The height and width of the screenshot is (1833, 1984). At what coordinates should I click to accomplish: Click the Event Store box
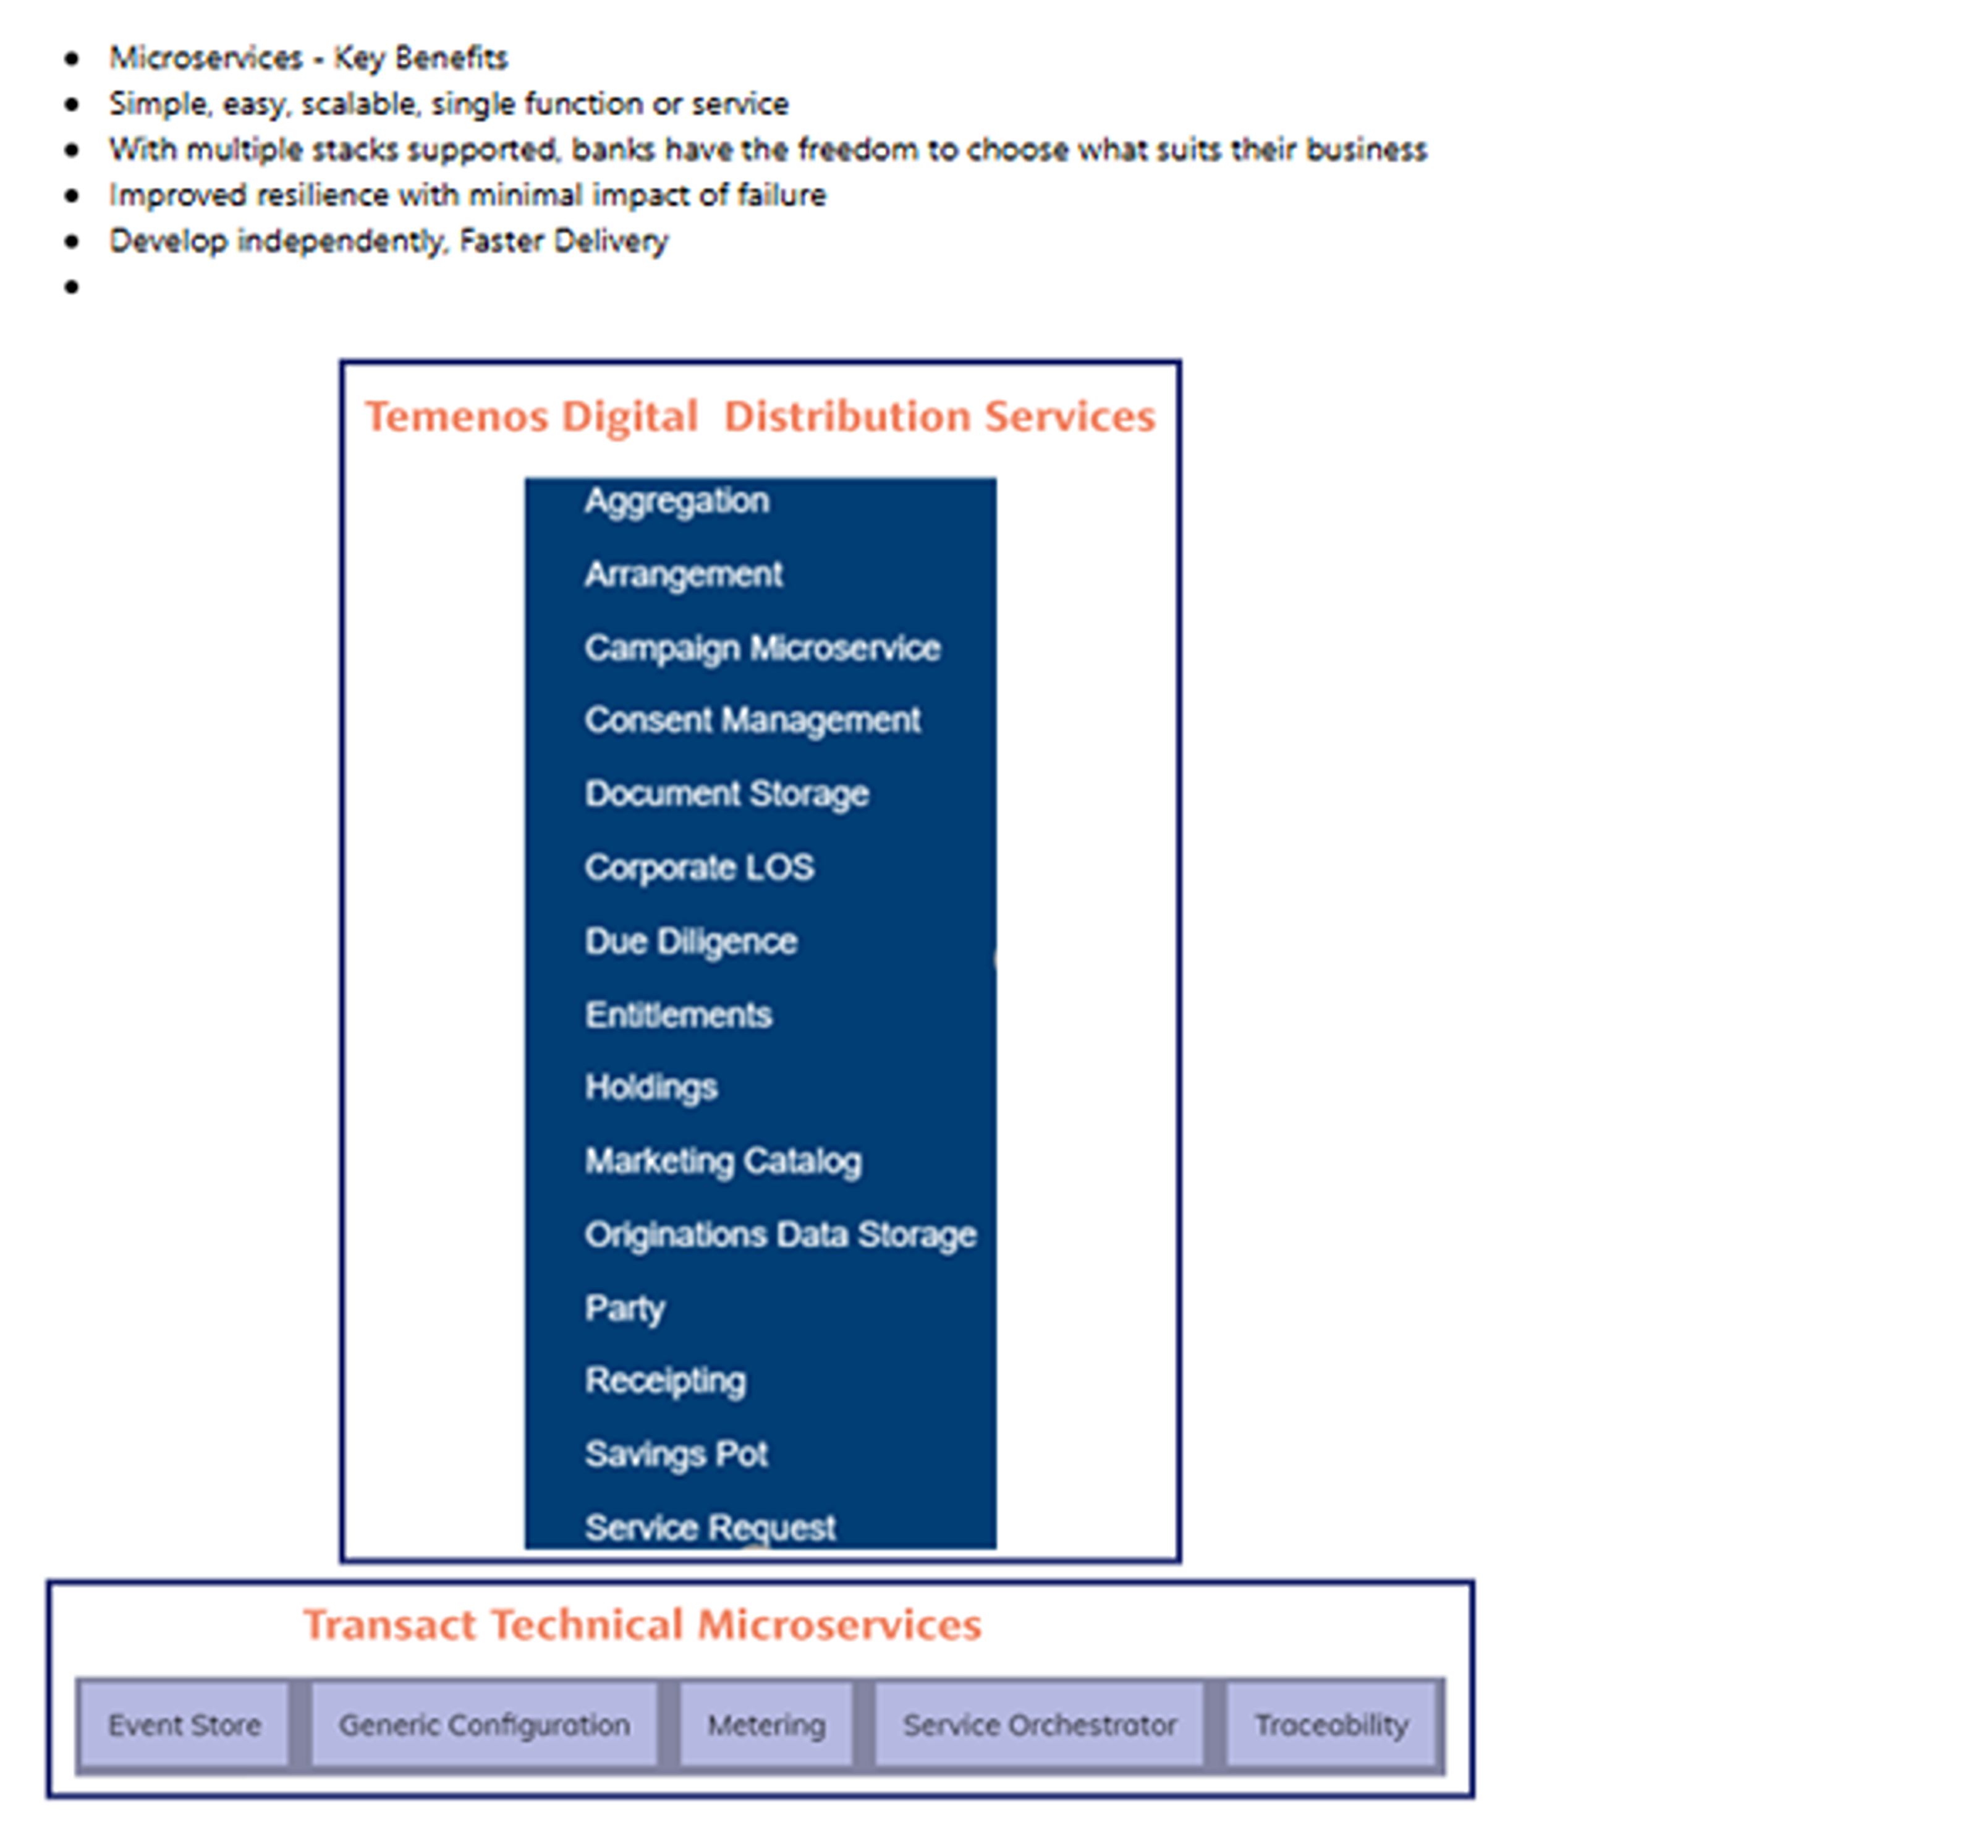(184, 1726)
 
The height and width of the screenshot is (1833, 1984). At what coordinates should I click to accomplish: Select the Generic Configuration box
(484, 1726)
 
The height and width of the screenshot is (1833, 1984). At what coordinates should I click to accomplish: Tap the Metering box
(765, 1726)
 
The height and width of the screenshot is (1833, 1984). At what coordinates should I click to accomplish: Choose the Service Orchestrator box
(1039, 1726)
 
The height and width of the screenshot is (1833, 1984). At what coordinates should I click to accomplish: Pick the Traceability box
(1331, 1726)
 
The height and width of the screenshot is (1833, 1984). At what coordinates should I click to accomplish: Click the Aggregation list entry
(676, 501)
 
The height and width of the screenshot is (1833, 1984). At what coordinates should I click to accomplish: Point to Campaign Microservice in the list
(761, 648)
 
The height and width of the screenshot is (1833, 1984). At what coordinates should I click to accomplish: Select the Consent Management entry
(752, 720)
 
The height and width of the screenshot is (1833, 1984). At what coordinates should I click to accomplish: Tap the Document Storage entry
(726, 794)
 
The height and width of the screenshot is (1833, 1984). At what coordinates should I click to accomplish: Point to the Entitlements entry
(678, 1014)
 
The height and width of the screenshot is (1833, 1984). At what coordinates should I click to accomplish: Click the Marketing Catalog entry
(723, 1160)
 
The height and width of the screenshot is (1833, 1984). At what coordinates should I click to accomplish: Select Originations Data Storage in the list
(779, 1235)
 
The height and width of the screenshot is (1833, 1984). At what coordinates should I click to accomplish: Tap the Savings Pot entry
(676, 1454)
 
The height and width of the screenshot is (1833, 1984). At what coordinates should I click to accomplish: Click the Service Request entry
(710, 1528)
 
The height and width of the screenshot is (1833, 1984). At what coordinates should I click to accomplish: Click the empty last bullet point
(72, 287)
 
